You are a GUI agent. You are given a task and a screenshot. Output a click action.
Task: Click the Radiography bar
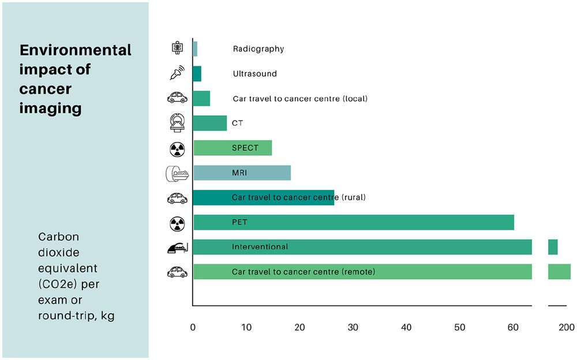195,49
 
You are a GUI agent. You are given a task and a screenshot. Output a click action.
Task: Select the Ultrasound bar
197,74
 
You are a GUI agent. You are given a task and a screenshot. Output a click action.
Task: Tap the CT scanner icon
177,123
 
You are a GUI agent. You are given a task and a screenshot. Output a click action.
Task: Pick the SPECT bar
233,148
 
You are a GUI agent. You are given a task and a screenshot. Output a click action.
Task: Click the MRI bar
242,172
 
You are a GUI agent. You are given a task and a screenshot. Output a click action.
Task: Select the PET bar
353,222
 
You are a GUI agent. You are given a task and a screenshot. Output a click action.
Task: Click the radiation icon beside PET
177,222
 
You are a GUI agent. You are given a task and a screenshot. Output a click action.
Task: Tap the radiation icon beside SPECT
177,148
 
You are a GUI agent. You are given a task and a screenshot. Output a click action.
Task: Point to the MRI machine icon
177,173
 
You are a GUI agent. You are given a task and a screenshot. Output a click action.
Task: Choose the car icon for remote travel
177,272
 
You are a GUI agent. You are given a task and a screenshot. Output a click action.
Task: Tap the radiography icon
177,49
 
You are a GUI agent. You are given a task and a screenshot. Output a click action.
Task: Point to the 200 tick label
567,327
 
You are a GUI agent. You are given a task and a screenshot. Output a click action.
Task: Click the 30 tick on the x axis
353,327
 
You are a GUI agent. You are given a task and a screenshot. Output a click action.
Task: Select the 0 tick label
193,327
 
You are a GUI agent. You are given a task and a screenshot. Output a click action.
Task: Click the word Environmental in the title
76,50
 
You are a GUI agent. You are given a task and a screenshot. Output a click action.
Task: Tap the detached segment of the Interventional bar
553,247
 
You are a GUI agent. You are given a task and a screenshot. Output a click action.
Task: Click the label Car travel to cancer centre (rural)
299,197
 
